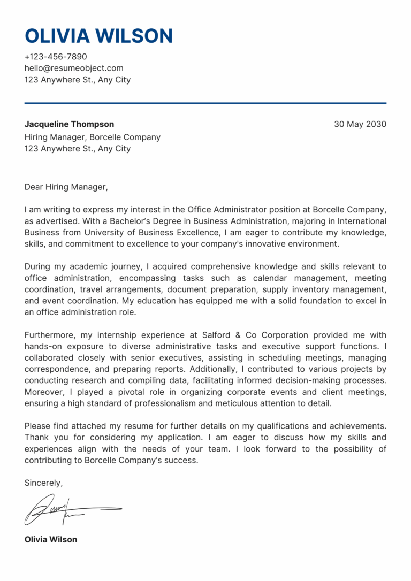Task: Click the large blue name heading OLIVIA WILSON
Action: [x=98, y=36]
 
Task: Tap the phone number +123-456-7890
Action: [x=56, y=57]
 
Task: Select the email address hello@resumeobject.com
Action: [x=74, y=68]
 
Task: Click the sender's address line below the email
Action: [x=78, y=80]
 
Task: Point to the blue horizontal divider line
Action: [x=205, y=103]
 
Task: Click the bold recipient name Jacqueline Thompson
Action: [x=69, y=124]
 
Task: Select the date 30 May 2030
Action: [x=360, y=124]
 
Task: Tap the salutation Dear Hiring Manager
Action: [x=66, y=187]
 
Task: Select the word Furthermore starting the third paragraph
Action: [x=50, y=335]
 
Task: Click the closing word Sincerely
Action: [x=43, y=483]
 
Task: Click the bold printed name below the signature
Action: [x=51, y=539]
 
